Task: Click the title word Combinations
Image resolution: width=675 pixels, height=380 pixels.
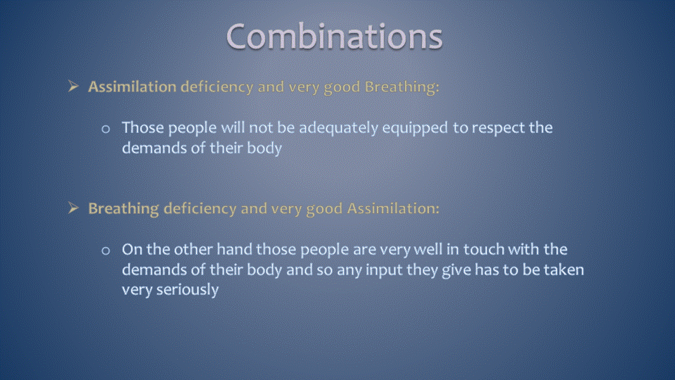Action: coord(335,37)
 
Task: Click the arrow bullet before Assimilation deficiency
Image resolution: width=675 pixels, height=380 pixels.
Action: coord(74,86)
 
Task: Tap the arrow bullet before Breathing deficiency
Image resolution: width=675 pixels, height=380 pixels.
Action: coord(74,208)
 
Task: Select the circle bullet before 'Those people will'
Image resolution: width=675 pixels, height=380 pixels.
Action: coord(105,129)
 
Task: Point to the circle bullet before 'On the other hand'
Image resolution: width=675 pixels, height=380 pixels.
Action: coord(105,251)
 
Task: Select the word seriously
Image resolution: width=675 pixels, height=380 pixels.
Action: coord(187,290)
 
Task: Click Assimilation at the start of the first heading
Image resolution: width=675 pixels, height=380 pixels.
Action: coord(132,87)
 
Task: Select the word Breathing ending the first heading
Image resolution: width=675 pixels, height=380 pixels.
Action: coord(401,87)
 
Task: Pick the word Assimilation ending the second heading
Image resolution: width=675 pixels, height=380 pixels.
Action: coord(393,208)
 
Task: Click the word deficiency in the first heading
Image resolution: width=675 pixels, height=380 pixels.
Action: coord(217,87)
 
